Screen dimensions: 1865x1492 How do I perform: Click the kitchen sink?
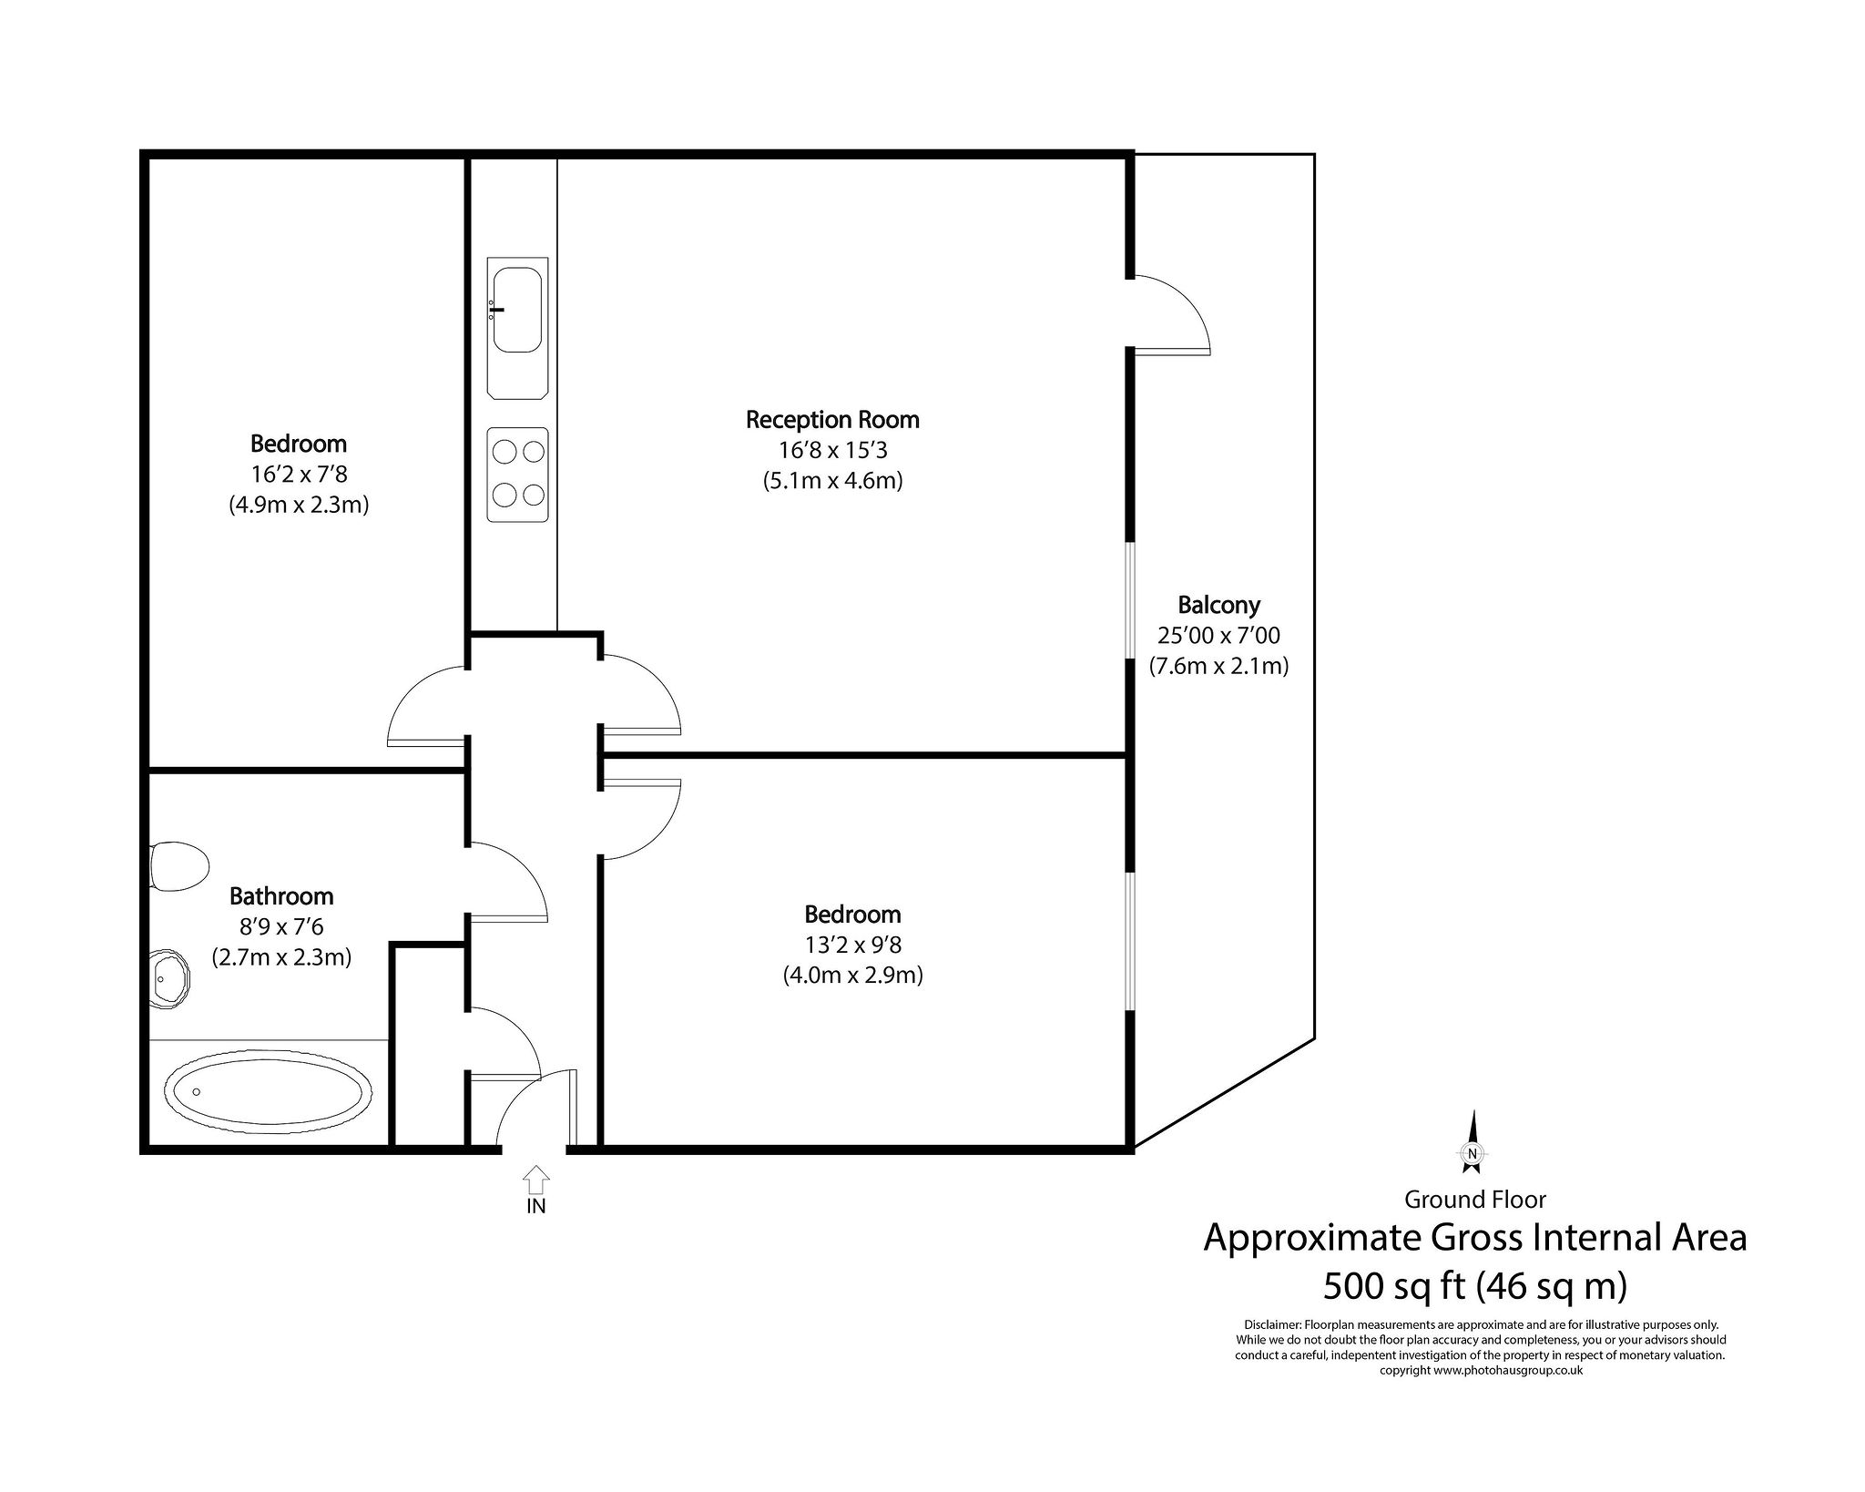click(517, 329)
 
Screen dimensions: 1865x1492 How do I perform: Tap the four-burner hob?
click(517, 475)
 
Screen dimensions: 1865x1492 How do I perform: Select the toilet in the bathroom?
click(179, 866)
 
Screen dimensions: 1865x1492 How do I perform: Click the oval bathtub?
click(269, 1093)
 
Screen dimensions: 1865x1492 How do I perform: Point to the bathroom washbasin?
click(170, 979)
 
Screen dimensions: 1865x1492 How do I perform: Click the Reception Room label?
click(832, 420)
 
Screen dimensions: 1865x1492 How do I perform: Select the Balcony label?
click(1218, 605)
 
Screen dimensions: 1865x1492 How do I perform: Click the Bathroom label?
click(281, 896)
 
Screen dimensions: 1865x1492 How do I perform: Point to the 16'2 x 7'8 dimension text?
click(299, 475)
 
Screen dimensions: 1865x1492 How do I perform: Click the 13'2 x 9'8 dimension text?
click(853, 945)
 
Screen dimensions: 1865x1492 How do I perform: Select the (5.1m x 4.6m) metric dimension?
click(833, 481)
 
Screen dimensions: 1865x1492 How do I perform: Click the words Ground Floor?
click(1474, 1200)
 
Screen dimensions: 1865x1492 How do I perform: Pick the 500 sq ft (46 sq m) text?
click(1474, 1286)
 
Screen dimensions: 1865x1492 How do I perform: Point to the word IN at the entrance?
click(536, 1206)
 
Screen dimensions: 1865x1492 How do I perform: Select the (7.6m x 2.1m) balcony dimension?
click(1218, 666)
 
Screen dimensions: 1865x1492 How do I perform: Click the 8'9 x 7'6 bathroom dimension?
click(281, 927)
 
